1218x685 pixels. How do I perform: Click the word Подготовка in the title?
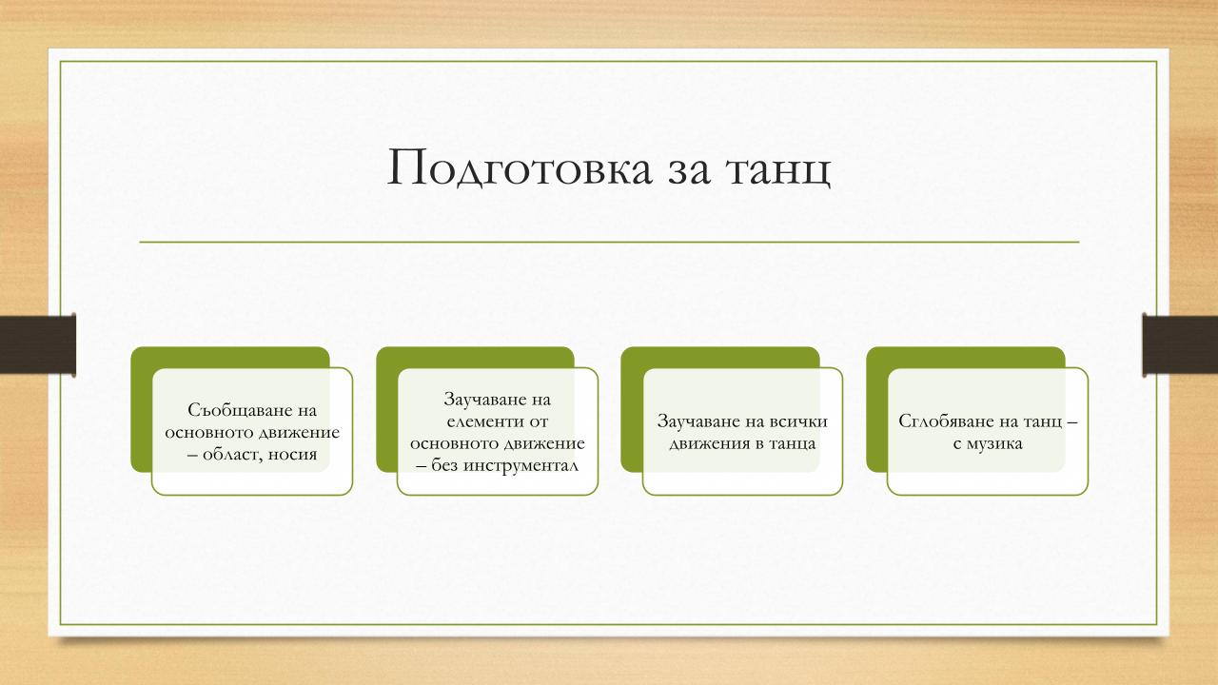(520, 168)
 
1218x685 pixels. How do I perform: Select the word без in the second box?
(444, 465)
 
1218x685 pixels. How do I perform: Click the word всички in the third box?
(798, 421)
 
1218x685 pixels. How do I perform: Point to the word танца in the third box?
(793, 443)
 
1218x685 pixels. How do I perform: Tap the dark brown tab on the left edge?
(37, 345)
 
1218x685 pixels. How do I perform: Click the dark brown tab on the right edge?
(1180, 345)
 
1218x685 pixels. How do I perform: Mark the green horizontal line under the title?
(609, 242)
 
